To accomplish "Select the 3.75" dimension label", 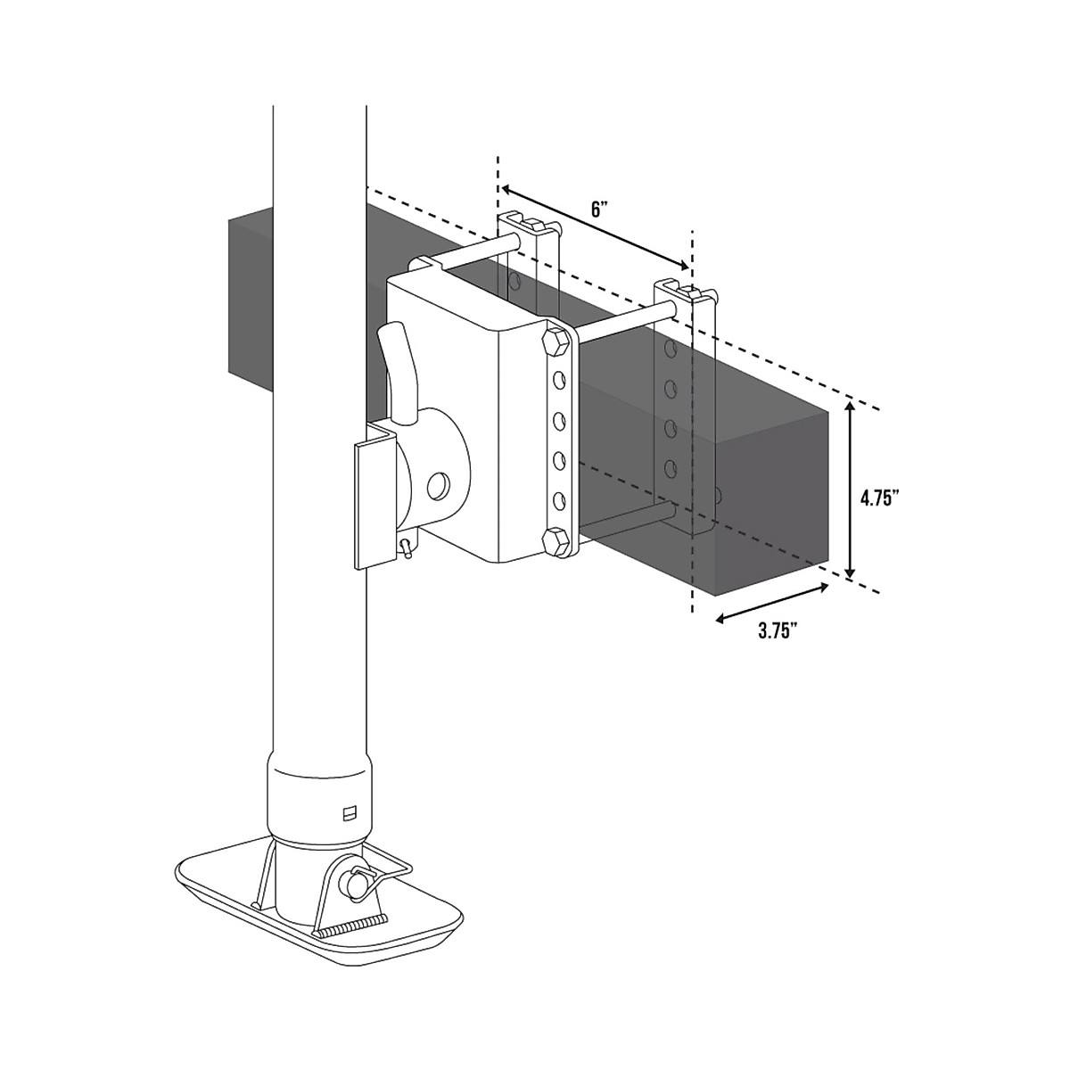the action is [x=777, y=631].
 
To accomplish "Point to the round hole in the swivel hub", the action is [x=440, y=486].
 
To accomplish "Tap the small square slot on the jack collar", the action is [x=350, y=812].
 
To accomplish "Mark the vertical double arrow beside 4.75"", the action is [x=852, y=490].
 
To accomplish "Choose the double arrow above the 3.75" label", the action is [x=772, y=603].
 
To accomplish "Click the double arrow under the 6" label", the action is [x=596, y=228].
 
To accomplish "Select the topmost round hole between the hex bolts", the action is [x=559, y=381].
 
